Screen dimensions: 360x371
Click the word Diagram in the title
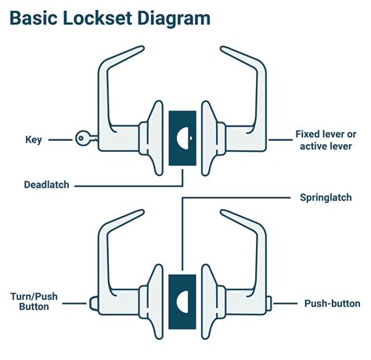coord(186,19)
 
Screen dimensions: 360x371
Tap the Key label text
coord(34,140)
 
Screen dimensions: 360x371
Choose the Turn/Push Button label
coord(32,302)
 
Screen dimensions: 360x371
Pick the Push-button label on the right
coord(332,303)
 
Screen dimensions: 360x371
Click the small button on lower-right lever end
coord(271,302)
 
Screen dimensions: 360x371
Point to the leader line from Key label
coord(61,140)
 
